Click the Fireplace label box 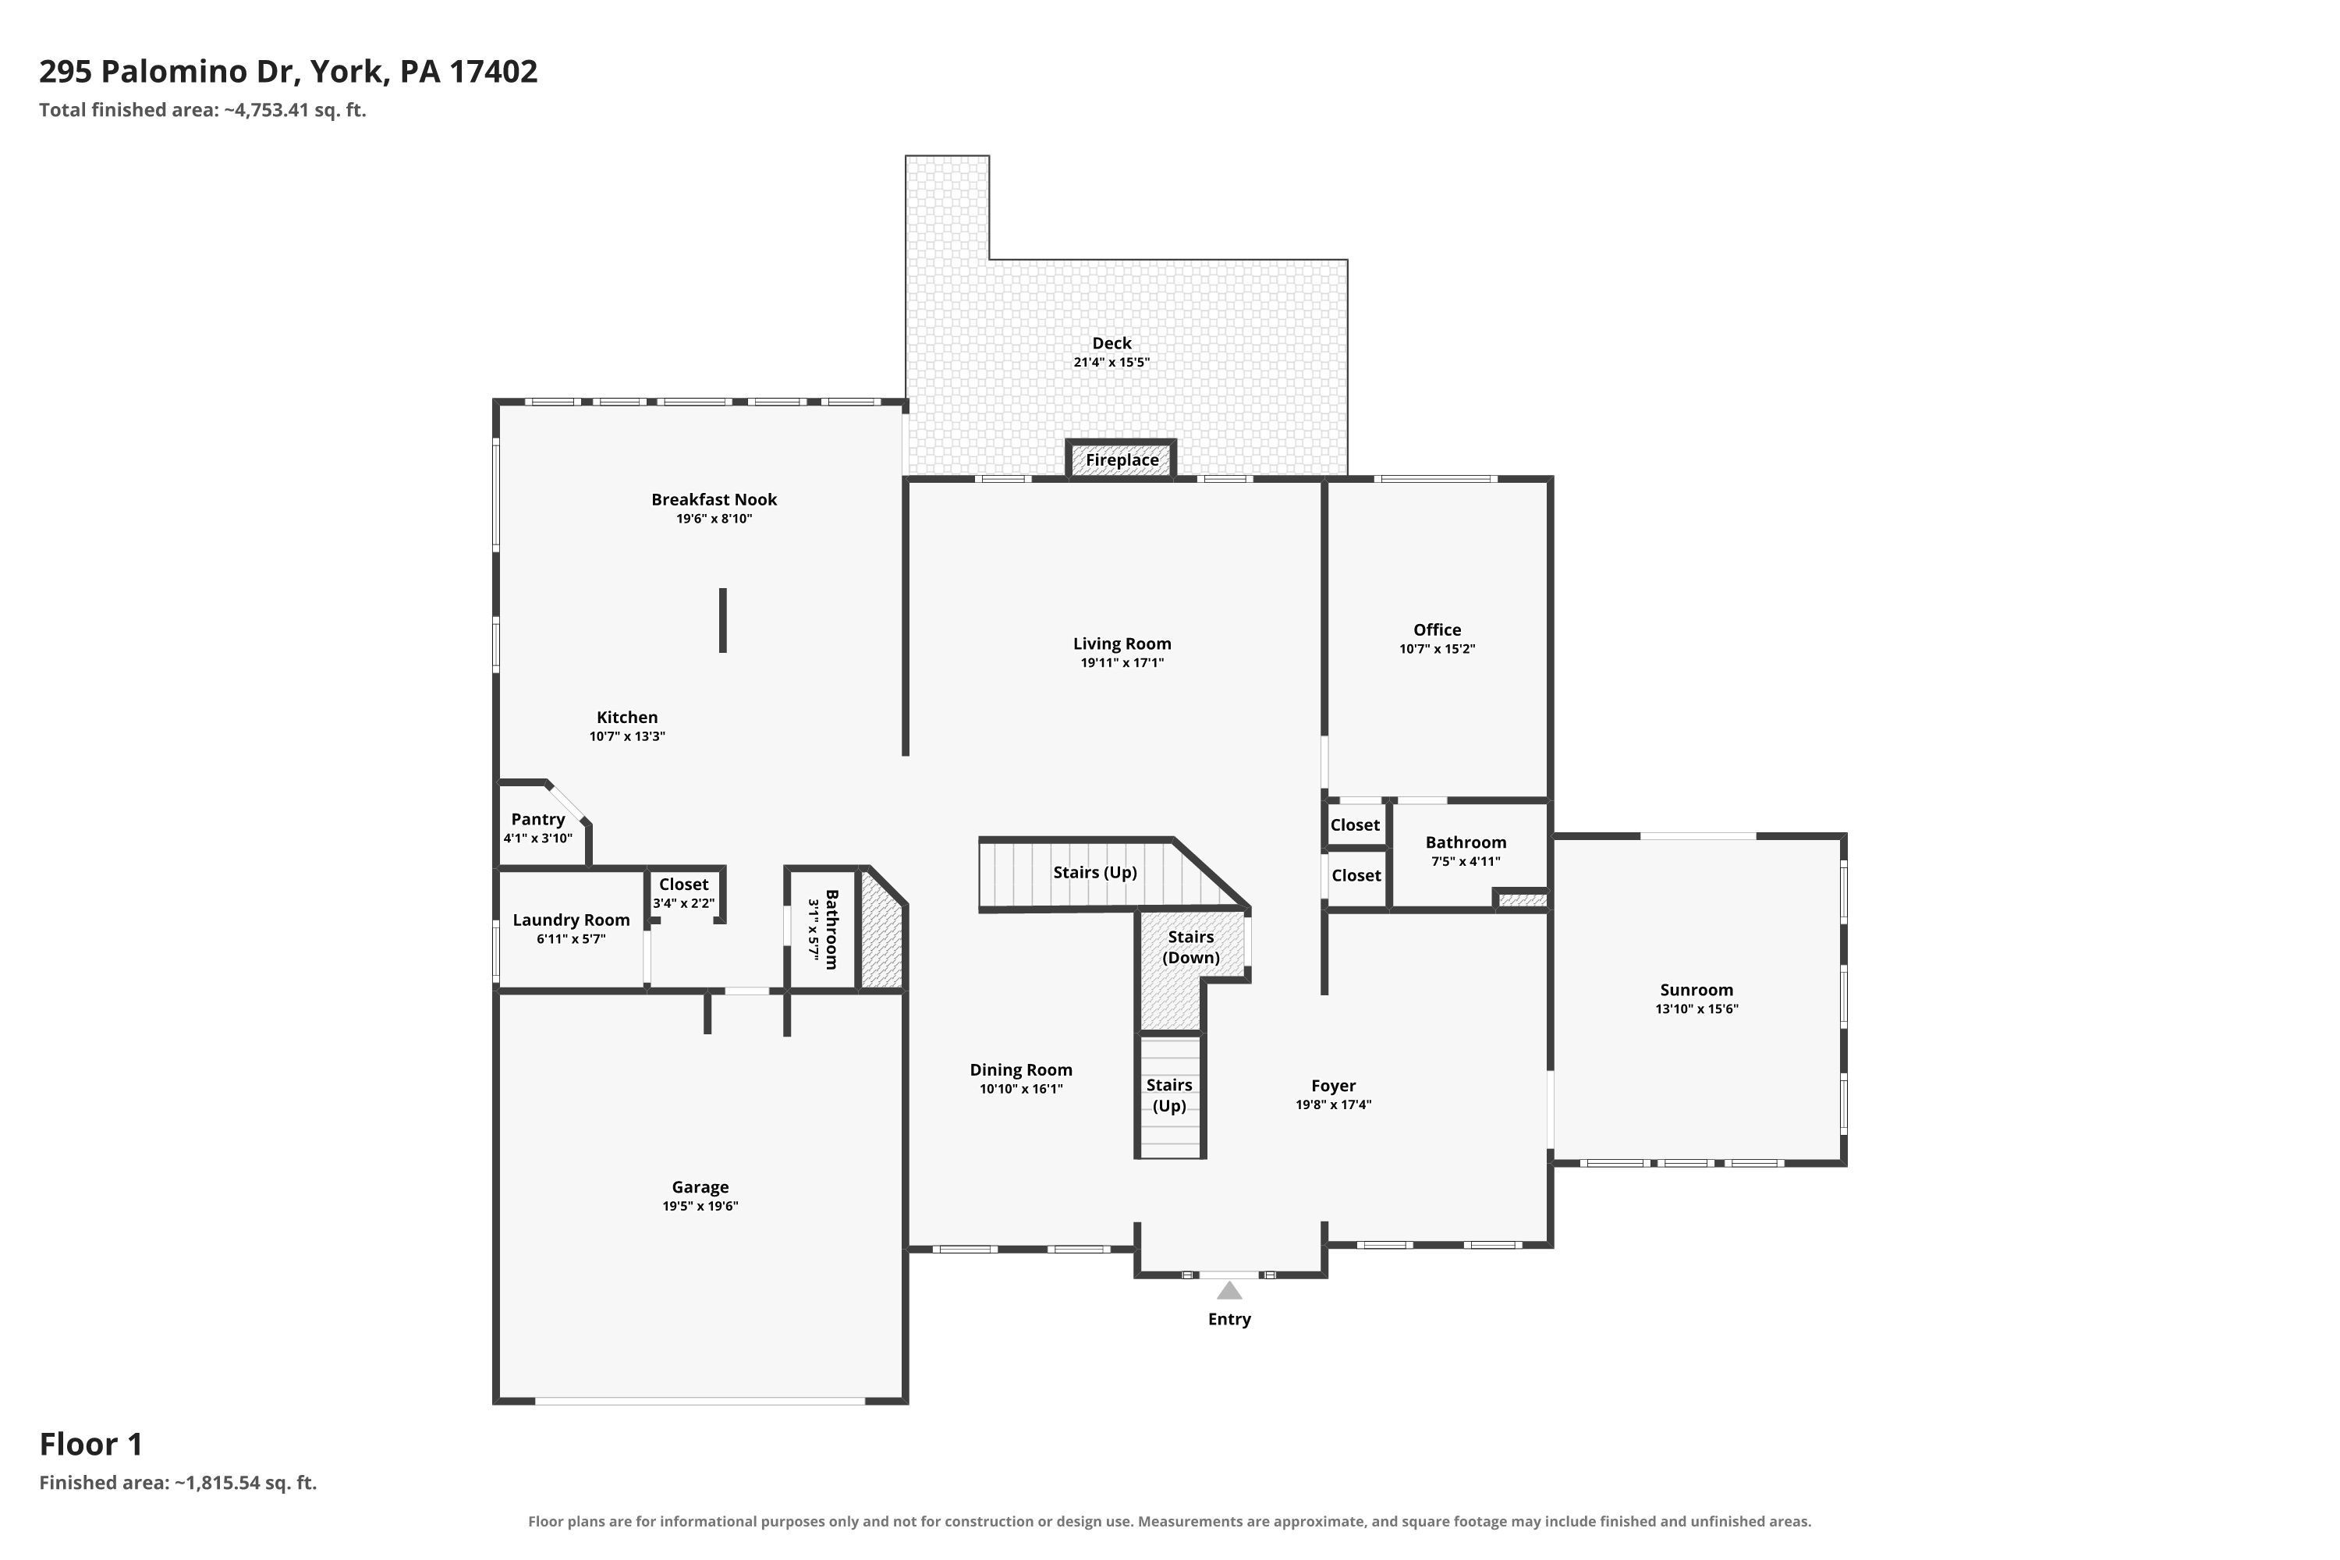pos(1122,459)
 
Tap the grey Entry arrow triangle pos(1230,1290)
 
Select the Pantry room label pos(538,819)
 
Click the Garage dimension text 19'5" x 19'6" pos(700,1206)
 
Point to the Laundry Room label pos(571,920)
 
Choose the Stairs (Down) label pos(1191,947)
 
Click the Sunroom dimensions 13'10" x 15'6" pos(1696,1008)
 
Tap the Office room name pos(1437,629)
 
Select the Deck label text pos(1111,343)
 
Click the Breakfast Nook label pos(714,499)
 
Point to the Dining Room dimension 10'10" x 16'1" pos(1021,1088)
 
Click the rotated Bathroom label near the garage pos(831,929)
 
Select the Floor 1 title pos(90,1444)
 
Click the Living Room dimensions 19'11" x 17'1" pos(1122,662)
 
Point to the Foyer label pos(1333,1086)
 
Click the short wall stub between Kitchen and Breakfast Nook pos(723,621)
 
